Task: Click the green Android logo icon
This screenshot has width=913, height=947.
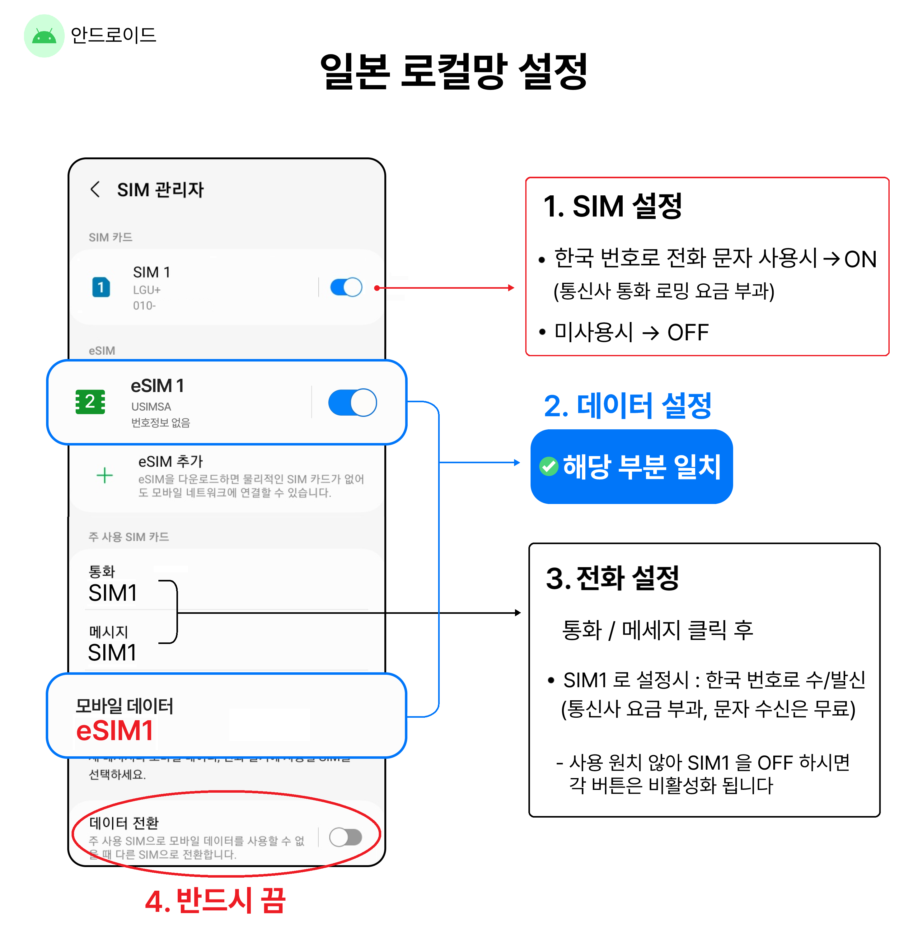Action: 44,36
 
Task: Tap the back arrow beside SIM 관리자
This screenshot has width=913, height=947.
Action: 95,189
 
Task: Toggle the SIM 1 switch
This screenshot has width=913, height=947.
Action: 346,287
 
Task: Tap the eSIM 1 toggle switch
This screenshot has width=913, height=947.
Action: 352,403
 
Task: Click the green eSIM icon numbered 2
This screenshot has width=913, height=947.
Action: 90,402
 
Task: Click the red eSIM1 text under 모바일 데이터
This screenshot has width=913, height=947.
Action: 115,730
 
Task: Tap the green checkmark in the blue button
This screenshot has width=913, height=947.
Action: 549,466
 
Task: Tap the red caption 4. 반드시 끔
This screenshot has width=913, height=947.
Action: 216,901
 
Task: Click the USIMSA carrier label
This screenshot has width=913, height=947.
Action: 151,407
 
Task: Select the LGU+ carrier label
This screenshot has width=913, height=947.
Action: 147,290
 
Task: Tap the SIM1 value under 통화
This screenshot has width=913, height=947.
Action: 113,593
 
